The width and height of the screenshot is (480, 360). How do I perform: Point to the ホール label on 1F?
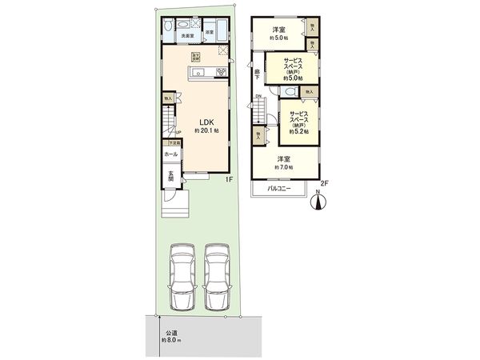[170, 154]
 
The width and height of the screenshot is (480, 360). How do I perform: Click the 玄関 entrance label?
[170, 178]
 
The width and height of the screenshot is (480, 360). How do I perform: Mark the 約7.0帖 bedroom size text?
[283, 167]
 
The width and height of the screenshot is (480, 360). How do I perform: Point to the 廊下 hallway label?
[257, 74]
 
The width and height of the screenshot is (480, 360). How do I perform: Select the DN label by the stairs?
[258, 98]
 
